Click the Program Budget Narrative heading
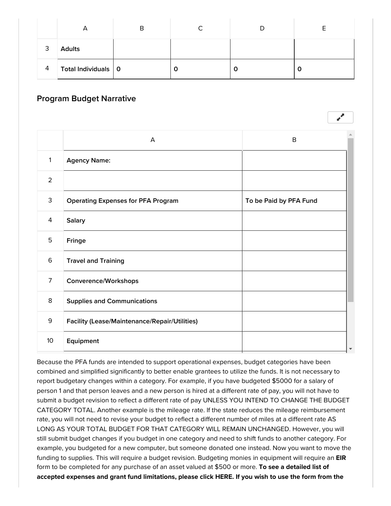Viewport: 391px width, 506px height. [x=86, y=99]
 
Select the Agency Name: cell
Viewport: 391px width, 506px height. [x=152, y=160]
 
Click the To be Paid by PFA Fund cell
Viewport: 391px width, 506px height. [x=294, y=201]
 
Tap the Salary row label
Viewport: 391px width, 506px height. [x=152, y=221]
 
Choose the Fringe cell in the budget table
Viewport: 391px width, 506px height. [x=152, y=241]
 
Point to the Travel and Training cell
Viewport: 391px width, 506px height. [x=152, y=261]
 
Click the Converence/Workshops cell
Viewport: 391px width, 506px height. [x=152, y=281]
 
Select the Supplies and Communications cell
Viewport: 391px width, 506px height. [x=152, y=301]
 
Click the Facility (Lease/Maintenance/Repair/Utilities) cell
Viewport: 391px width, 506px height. [x=152, y=321]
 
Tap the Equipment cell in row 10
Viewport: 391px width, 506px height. [x=152, y=341]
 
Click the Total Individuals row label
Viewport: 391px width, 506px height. [x=85, y=69]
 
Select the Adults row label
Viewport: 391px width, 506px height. [x=85, y=49]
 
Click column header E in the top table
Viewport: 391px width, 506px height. [x=324, y=28]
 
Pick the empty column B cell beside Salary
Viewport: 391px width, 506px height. [x=294, y=221]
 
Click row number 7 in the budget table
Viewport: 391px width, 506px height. [x=50, y=281]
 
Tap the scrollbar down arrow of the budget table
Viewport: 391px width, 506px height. [x=351, y=349]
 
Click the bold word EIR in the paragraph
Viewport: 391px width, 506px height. [x=341, y=457]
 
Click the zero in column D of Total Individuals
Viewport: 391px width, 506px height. [x=235, y=69]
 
